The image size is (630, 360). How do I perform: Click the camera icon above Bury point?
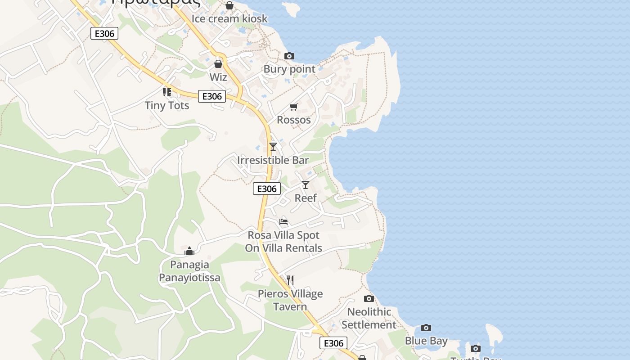[x=289, y=56]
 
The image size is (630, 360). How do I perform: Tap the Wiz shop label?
[x=218, y=77]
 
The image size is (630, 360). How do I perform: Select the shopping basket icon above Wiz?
[x=218, y=64]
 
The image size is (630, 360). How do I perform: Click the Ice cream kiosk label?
[x=229, y=18]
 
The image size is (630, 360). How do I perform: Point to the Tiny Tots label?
[x=167, y=105]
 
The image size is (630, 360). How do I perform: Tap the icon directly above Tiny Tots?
[x=167, y=92]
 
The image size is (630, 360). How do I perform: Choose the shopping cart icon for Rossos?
[x=294, y=107]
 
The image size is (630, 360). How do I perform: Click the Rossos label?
[x=294, y=120]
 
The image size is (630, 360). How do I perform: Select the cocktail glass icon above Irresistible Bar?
[x=273, y=147]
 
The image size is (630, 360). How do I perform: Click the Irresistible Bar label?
[x=273, y=160]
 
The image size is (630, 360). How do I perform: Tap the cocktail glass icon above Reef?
[x=306, y=184]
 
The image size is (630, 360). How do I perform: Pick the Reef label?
[x=306, y=198]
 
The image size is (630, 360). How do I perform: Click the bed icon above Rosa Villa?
[x=283, y=221]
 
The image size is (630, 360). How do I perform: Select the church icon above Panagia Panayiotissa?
[x=189, y=251]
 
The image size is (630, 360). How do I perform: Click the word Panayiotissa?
[x=189, y=278]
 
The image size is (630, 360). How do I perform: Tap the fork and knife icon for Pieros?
[x=290, y=280]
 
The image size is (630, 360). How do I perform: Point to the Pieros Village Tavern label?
[x=290, y=300]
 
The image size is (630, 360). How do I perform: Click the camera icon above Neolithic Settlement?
[x=369, y=298]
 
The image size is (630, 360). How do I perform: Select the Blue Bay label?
[x=426, y=341]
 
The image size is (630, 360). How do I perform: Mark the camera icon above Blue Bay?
[x=426, y=328]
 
